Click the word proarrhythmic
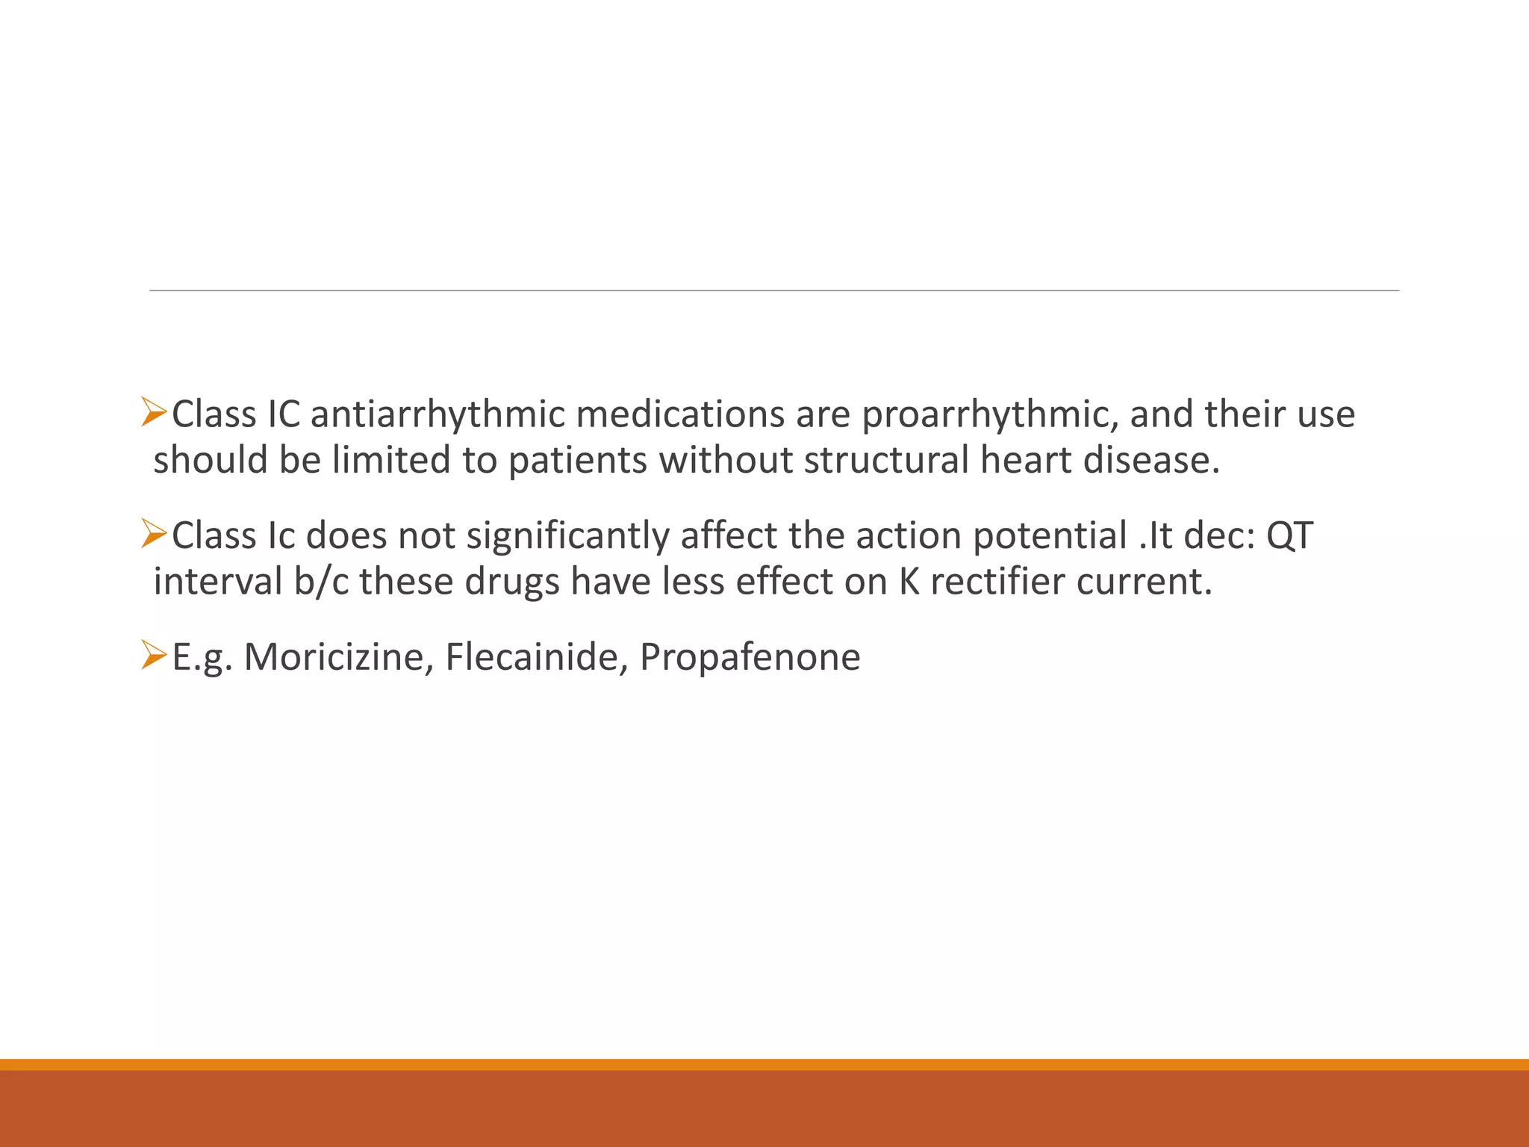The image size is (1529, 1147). pyautogui.click(x=989, y=416)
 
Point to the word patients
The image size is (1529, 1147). pyautogui.click(x=577, y=461)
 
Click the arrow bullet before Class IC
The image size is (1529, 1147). pyautogui.click(x=153, y=413)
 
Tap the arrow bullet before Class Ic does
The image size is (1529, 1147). pyautogui.click(x=153, y=535)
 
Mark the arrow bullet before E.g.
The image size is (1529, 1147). pyautogui.click(x=153, y=655)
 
